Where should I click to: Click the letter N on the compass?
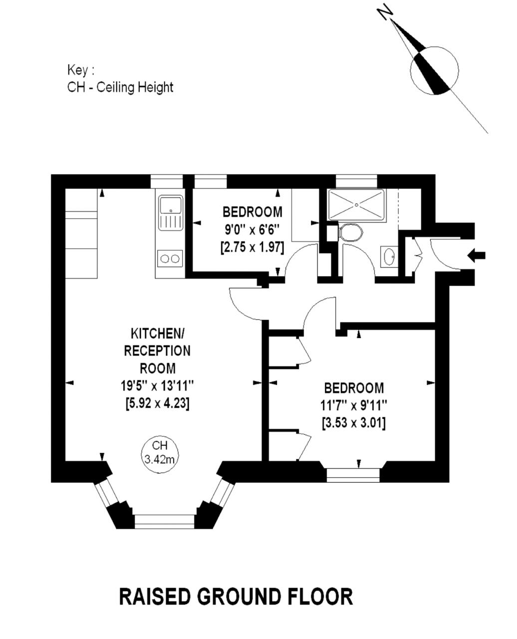(385, 12)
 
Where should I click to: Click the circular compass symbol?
(434, 70)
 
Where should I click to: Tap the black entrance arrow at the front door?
(477, 256)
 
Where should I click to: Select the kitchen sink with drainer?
(171, 213)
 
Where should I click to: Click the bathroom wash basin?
(389, 257)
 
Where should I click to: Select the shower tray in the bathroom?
(356, 204)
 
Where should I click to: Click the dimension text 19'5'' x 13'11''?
(157, 385)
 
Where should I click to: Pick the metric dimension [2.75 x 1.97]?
(252, 247)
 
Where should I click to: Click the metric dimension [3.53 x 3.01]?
(354, 423)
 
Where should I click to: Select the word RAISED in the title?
(155, 597)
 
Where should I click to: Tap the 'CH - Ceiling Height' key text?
(120, 87)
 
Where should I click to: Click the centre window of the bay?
(164, 521)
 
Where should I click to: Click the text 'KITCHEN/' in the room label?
(157, 333)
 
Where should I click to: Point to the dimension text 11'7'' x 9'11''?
(354, 405)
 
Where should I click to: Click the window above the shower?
(356, 181)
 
